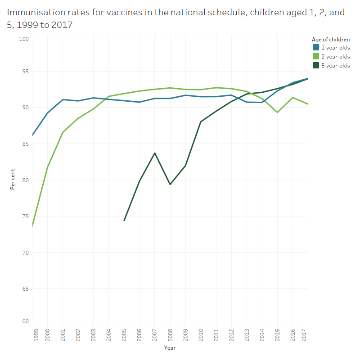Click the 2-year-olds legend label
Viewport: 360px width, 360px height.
[x=335, y=56]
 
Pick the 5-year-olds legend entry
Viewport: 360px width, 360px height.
[x=335, y=65]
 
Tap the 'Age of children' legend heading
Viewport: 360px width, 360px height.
[x=331, y=40]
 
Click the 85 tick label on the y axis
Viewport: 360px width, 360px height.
[x=25, y=144]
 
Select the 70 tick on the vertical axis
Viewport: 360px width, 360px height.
[x=25, y=253]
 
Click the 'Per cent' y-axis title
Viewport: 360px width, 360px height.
[x=13, y=180]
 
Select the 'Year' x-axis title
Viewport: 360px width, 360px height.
[x=170, y=348]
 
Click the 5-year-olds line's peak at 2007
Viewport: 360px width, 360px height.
[x=155, y=153]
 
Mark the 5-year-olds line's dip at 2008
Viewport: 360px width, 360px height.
[x=170, y=184]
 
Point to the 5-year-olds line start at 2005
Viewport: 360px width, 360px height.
[x=124, y=220]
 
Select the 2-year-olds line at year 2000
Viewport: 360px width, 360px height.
[x=47, y=167]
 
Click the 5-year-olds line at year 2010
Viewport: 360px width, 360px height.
[x=201, y=121]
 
